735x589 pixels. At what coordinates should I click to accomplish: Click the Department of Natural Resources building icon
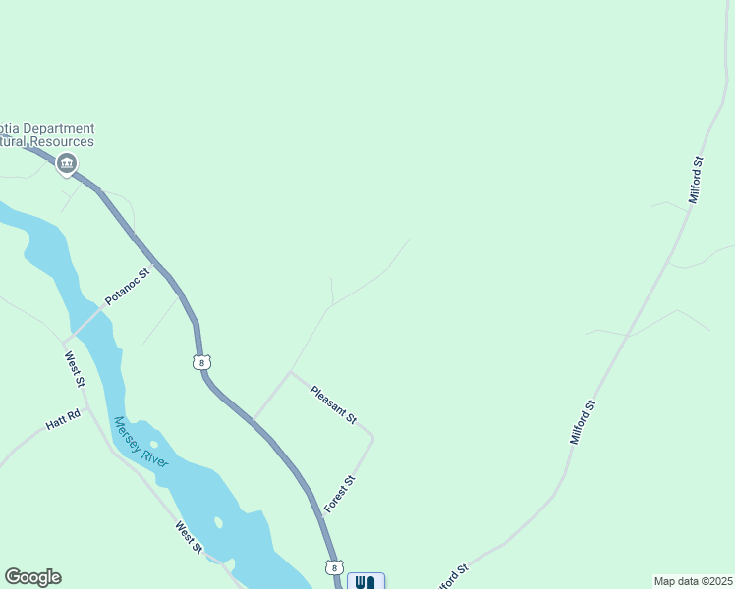(x=67, y=164)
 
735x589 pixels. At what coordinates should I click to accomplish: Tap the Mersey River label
(x=141, y=442)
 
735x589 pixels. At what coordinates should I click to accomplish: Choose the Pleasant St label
(x=333, y=404)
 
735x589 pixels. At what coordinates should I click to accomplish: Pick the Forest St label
(x=338, y=494)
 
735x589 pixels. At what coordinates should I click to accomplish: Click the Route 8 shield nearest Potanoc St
(x=201, y=362)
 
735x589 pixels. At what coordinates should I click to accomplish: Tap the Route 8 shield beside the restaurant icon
(x=334, y=567)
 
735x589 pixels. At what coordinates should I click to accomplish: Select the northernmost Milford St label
(x=697, y=180)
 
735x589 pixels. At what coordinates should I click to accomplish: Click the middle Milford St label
(x=583, y=421)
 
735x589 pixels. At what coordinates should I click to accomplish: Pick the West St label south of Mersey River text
(x=189, y=537)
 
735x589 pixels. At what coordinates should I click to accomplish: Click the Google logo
(x=32, y=577)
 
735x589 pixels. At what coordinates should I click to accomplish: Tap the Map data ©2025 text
(x=692, y=581)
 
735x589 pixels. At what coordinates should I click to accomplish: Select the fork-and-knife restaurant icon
(x=366, y=581)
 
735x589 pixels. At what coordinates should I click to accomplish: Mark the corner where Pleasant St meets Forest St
(x=372, y=435)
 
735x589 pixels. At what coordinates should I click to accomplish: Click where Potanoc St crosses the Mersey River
(x=86, y=317)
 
